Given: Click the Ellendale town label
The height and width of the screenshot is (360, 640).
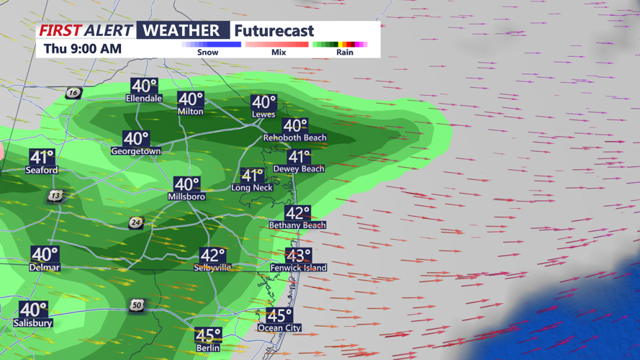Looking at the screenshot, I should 144,98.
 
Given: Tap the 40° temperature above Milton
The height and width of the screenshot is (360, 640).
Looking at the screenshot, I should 191,99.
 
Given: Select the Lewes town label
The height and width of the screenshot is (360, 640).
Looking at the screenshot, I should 263,114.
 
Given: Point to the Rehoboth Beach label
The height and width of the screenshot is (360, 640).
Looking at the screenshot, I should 294,138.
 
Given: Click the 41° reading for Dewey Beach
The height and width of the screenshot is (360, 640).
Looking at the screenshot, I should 299,156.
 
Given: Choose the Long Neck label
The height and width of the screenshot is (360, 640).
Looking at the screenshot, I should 251,188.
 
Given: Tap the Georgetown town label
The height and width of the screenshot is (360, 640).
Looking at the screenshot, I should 135,151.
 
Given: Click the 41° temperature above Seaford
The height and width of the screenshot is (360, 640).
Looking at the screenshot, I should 42,157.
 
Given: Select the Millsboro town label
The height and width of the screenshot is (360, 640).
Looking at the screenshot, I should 186,197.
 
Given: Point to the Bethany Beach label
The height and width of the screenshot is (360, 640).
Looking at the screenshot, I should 297,225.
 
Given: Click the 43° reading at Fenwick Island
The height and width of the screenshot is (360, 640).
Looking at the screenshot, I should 298,256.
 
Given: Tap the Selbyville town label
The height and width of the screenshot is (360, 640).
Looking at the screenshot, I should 212,268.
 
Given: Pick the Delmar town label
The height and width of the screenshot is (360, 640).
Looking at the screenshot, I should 45,268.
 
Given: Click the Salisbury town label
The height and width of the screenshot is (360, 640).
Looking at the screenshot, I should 33,323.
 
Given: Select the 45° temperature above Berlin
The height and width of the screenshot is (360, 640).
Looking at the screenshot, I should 208,335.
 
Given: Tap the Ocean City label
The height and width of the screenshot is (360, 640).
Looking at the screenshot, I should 279,328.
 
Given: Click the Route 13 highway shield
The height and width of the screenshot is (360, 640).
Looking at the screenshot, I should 56,196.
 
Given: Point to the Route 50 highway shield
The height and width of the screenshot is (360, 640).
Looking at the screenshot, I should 137,305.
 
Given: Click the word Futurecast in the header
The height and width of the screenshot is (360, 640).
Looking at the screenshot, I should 274,31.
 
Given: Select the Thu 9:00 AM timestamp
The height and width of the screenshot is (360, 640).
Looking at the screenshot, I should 82,49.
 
